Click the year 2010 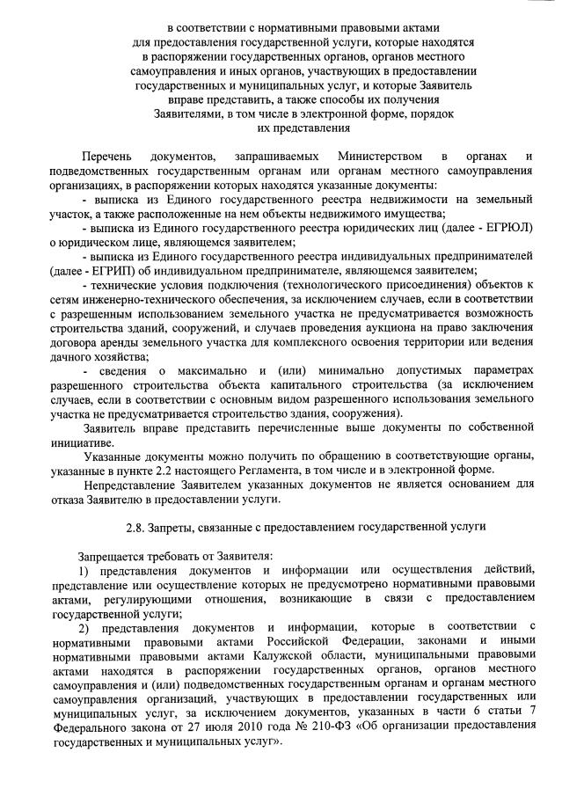(246, 727)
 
